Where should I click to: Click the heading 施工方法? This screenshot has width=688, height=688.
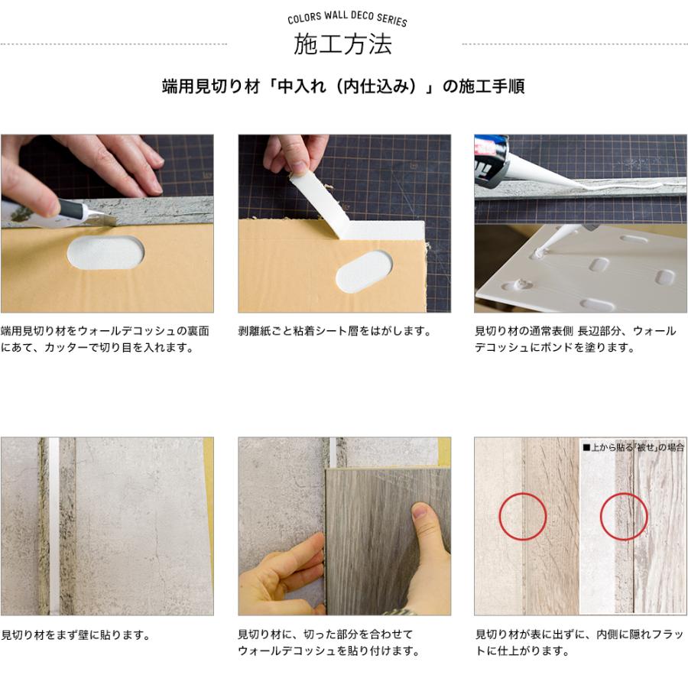pos(343,44)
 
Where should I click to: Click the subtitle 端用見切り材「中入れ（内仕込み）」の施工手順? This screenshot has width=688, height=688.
pos(343,86)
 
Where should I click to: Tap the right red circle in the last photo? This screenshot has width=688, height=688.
pos(624,517)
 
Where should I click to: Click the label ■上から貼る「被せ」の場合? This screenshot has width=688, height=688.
pos(633,447)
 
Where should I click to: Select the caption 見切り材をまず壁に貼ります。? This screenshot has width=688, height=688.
pos(75,634)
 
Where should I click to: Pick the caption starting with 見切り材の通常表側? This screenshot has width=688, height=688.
pos(575,339)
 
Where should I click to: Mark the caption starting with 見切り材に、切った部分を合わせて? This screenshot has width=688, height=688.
pos(329,643)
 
